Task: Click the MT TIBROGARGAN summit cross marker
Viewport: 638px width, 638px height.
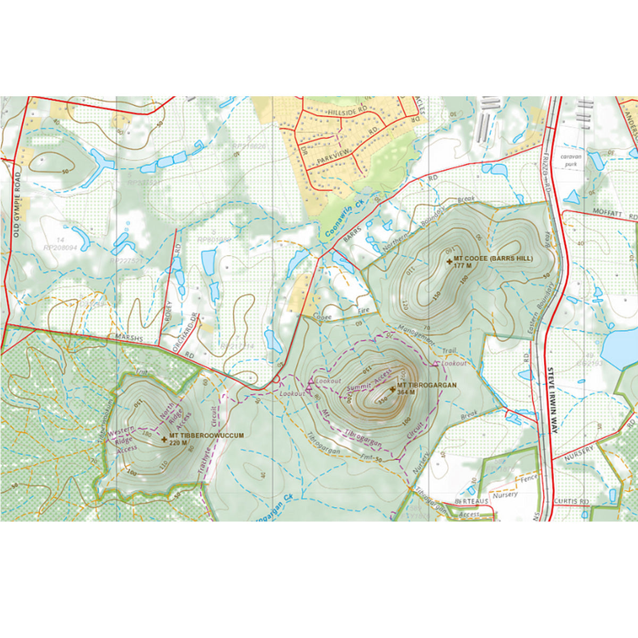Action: pos(392,390)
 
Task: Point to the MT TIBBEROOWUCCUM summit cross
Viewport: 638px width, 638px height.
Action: pos(164,439)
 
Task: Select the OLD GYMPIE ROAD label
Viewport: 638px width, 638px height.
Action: pos(16,204)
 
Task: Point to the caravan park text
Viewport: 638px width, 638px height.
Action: pos(571,161)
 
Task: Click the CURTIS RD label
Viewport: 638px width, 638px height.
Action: pos(571,501)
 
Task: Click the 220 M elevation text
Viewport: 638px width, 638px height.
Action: pos(178,442)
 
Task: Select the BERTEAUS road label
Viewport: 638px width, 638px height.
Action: pos(471,501)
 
